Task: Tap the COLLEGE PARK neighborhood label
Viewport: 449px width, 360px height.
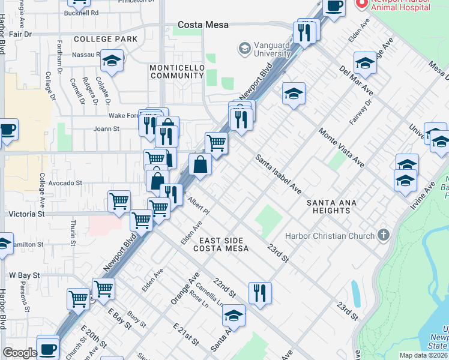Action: pyautogui.click(x=105, y=39)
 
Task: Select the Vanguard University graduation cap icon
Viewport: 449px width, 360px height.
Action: pyautogui.click(x=244, y=48)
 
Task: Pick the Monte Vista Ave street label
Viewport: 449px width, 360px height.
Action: pyautogui.click(x=341, y=148)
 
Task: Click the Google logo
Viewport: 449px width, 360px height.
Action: pyautogui.click(x=20, y=353)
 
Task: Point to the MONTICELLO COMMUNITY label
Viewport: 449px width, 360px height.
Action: pyautogui.click(x=177, y=72)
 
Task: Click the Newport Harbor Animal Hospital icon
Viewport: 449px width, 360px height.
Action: pyautogui.click(x=361, y=4)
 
